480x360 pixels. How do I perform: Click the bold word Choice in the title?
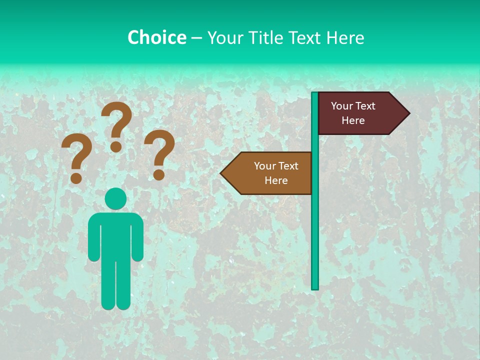click(156, 37)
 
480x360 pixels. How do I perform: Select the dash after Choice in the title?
click(196, 38)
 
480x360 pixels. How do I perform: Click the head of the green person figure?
click(115, 198)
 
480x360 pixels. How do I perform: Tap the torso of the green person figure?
click(115, 235)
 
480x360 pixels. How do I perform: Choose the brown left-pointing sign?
click(272, 173)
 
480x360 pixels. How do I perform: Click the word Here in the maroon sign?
click(353, 120)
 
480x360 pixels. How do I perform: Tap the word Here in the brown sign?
click(276, 180)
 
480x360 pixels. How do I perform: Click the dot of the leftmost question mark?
click(76, 178)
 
